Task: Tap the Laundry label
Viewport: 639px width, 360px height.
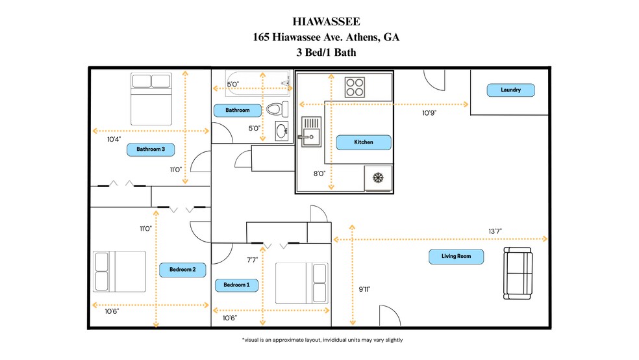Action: point(510,90)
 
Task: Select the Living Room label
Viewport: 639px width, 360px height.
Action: point(456,257)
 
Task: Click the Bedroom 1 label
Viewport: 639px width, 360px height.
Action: point(236,285)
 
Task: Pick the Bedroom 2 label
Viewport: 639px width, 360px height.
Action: point(187,268)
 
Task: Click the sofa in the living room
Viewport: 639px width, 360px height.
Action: point(518,274)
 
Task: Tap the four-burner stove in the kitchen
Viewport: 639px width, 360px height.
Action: point(355,87)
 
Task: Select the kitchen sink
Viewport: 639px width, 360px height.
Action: point(310,131)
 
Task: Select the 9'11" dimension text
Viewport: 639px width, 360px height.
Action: point(364,289)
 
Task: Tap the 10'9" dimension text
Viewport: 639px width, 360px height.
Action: point(429,112)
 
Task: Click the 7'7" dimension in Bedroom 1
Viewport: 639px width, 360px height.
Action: point(252,259)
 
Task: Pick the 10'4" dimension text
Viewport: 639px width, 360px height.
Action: point(114,139)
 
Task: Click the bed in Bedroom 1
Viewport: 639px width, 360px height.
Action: point(301,283)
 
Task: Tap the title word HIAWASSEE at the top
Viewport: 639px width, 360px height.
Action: point(326,23)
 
